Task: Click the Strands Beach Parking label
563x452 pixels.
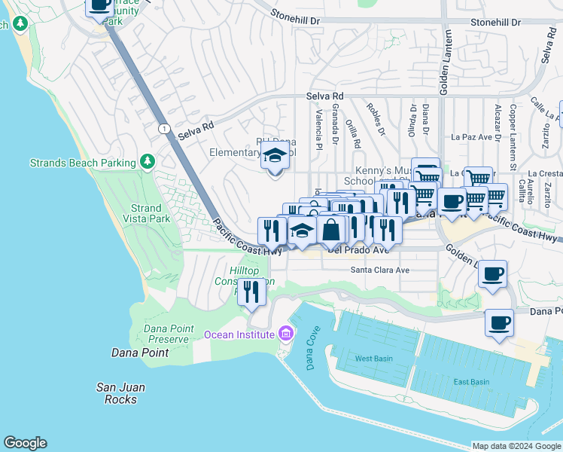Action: click(x=83, y=163)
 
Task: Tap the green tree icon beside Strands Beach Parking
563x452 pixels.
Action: click(x=148, y=162)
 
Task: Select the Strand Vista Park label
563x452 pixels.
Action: click(x=146, y=213)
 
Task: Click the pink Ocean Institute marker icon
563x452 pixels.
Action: click(x=285, y=332)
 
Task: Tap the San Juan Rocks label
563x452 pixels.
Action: click(x=120, y=393)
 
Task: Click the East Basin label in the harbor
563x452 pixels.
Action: click(x=471, y=382)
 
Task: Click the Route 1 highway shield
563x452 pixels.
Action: click(x=163, y=130)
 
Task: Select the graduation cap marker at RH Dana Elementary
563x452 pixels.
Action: click(x=275, y=158)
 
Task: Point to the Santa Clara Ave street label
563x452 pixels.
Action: click(x=380, y=270)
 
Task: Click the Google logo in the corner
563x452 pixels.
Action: click(x=25, y=443)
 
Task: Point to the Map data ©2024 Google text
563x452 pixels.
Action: click(x=516, y=446)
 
